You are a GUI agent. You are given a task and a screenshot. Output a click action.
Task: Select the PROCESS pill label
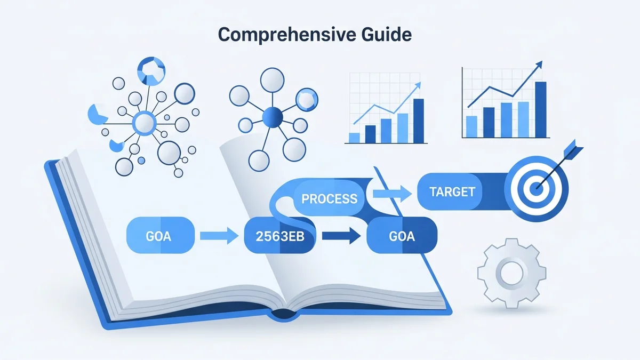[x=329, y=199]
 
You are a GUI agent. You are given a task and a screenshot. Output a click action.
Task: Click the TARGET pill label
[x=452, y=191]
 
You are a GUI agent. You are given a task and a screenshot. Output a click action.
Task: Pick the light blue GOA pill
[x=158, y=236]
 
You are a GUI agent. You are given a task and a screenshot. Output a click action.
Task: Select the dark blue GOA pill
[x=402, y=236]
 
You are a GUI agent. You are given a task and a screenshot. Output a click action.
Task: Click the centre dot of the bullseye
[x=537, y=188]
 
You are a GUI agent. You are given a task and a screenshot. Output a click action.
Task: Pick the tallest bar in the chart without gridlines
[x=540, y=109]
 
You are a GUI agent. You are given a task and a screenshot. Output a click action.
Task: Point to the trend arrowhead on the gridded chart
[x=417, y=85]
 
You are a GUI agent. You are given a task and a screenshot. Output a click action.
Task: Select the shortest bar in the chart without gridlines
[x=471, y=126]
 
